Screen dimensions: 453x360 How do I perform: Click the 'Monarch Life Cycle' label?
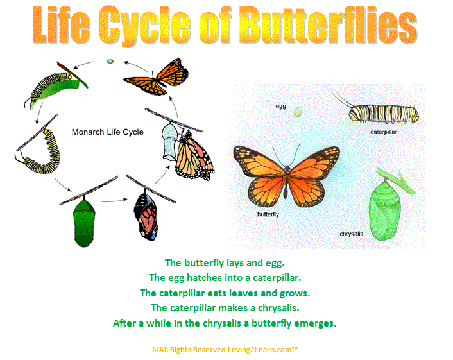click(x=107, y=132)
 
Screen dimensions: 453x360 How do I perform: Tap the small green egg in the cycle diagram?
click(x=110, y=61)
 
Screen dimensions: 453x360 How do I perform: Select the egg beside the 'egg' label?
click(x=297, y=112)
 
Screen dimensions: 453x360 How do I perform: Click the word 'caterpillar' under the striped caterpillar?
click(x=383, y=132)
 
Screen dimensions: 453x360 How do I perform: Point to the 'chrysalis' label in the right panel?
click(x=352, y=234)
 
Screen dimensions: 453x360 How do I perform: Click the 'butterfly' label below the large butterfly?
click(x=268, y=214)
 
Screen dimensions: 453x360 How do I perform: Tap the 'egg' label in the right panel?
click(x=280, y=107)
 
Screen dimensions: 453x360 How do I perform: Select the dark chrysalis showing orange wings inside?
click(x=146, y=215)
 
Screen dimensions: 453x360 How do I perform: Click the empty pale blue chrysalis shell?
click(x=169, y=142)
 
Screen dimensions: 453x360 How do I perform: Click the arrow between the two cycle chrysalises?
click(x=114, y=200)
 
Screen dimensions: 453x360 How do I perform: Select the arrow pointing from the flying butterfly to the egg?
click(x=135, y=65)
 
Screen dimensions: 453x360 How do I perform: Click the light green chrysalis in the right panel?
click(x=384, y=210)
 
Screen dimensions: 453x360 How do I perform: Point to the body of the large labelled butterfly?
click(x=286, y=182)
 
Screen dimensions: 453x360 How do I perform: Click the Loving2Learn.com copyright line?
click(x=225, y=350)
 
